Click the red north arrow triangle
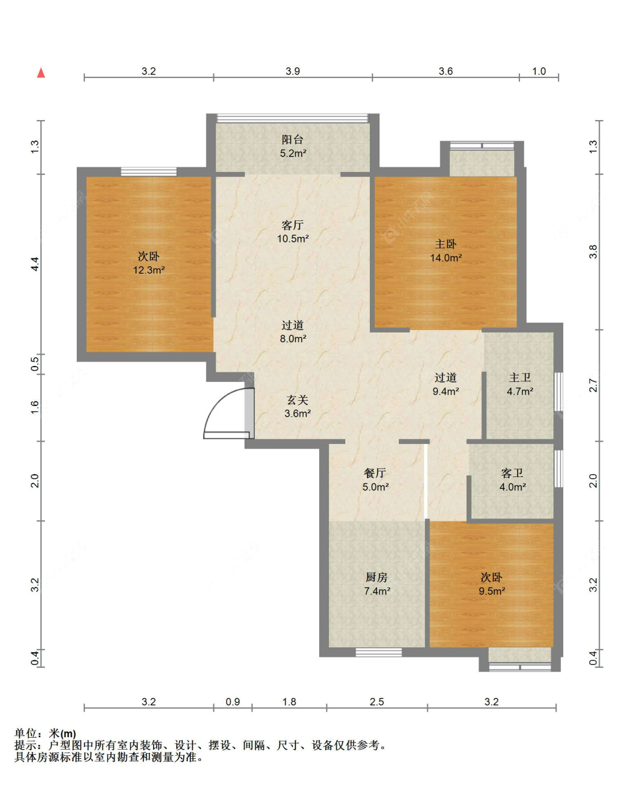coord(41,73)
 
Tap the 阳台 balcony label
coord(292,139)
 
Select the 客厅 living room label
coord(292,225)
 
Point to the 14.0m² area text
coord(446,257)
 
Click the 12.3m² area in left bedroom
coord(149,270)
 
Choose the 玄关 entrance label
coord(298,400)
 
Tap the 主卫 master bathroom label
coord(519,378)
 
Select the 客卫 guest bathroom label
coord(512,473)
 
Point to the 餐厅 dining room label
coord(375,473)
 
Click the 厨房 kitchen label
coord(377,577)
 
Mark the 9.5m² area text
coord(492,591)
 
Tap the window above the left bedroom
coord(148,171)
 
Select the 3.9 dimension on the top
coord(293,71)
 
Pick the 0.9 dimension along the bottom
coord(233,702)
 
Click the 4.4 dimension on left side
coord(35,264)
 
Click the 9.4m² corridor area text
coord(445,391)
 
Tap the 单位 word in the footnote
coord(26,733)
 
